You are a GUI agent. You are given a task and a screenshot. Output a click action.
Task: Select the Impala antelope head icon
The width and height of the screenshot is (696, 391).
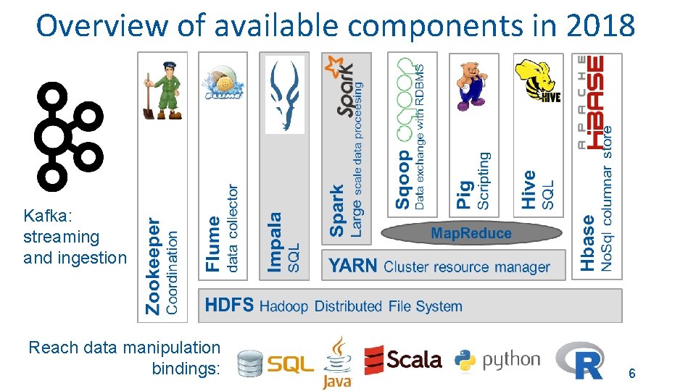tap(285, 95)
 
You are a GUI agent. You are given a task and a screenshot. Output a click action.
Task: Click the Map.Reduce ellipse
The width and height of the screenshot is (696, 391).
tap(471, 233)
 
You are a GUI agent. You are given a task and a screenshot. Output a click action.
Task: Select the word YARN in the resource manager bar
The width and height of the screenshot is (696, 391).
tap(353, 266)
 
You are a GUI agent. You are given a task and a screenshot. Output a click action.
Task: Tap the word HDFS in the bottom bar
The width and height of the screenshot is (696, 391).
tap(229, 305)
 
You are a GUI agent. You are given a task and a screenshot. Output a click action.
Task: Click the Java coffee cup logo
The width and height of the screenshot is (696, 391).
tap(337, 361)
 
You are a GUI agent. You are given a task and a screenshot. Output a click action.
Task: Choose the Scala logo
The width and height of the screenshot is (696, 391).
tap(402, 359)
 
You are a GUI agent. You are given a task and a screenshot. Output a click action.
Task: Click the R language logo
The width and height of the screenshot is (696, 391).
tap(580, 360)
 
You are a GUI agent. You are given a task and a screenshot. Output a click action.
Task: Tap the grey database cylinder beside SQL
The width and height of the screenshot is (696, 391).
tap(251, 364)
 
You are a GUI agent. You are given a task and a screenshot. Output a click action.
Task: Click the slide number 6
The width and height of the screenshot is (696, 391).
tap(631, 374)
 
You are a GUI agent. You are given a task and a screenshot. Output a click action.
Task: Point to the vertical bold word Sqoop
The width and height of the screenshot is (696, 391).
tap(402, 180)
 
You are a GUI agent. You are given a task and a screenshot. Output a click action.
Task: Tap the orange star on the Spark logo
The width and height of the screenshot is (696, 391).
tap(334, 67)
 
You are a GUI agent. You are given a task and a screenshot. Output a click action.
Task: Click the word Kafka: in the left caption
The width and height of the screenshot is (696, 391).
tap(44, 216)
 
